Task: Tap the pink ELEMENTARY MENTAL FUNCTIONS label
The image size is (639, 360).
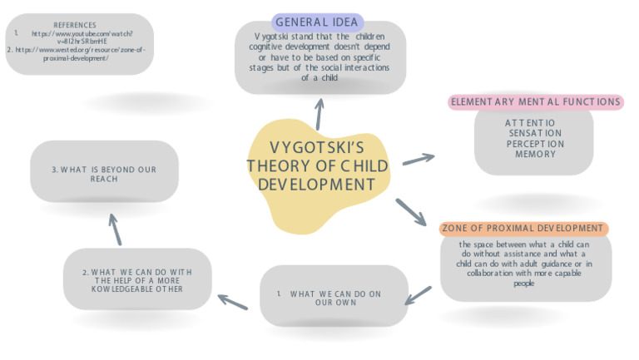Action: pyautogui.click(x=535, y=102)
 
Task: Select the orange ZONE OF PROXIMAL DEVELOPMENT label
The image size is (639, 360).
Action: pyautogui.click(x=523, y=229)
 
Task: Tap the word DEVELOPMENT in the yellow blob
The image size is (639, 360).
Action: pyautogui.click(x=317, y=184)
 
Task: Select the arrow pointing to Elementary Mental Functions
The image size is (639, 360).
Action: pyautogui.click(x=419, y=159)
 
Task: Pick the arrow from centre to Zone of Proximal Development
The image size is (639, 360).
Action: pyautogui.click(x=410, y=211)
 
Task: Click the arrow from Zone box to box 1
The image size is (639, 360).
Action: pyautogui.click(x=419, y=294)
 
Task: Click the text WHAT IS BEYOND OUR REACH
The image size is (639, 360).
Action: pyautogui.click(x=104, y=175)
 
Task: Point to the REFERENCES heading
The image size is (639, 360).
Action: pyautogui.click(x=75, y=25)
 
